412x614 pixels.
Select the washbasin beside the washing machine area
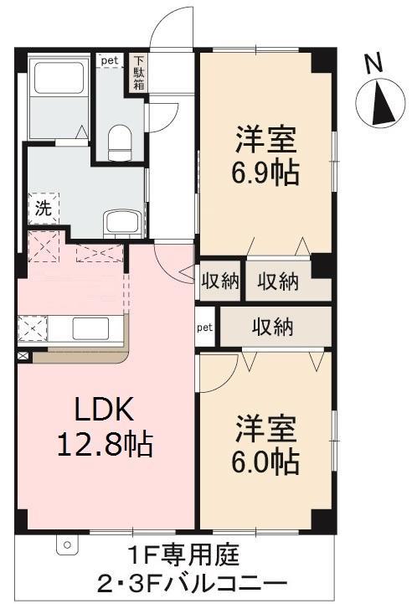pyautogui.click(x=122, y=223)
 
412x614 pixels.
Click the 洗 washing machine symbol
pyautogui.click(x=44, y=209)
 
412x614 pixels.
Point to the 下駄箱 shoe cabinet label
pyautogui.click(x=139, y=73)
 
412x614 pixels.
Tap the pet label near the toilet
pyautogui.click(x=110, y=60)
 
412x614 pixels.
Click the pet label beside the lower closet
pyautogui.click(x=204, y=328)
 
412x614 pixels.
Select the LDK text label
pyautogui.click(x=105, y=410)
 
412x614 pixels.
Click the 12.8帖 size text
pyautogui.click(x=105, y=445)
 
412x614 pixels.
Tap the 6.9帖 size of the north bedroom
pyautogui.click(x=266, y=173)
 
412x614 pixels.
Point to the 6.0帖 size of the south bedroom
pyautogui.click(x=266, y=462)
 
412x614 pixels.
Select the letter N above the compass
pyautogui.click(x=374, y=64)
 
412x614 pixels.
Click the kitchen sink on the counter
pyautogui.click(x=90, y=329)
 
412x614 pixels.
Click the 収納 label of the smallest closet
pyautogui.click(x=220, y=281)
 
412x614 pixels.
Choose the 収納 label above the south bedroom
pyautogui.click(x=273, y=327)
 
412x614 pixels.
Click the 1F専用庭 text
pyautogui.click(x=183, y=555)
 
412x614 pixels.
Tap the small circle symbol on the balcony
pyautogui.click(x=67, y=544)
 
